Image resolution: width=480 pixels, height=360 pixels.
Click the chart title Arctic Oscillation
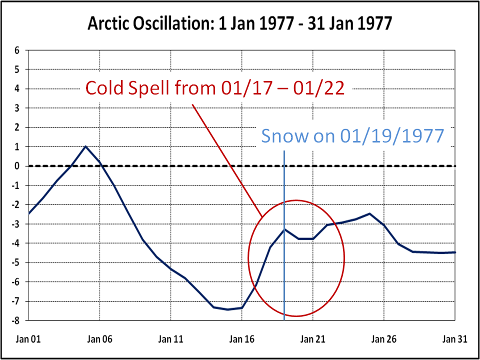pos(239,23)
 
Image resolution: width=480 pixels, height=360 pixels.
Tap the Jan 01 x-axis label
pos(28,339)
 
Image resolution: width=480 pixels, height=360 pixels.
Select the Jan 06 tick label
pos(100,339)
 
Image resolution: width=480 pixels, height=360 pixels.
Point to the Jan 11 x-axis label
pos(171,339)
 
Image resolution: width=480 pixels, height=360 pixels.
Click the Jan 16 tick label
pos(242,339)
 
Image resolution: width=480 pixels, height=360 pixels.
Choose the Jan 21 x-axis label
pos(313,339)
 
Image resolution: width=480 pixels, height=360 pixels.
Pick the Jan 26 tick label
pos(384,339)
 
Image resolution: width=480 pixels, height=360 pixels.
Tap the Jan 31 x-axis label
pos(455,339)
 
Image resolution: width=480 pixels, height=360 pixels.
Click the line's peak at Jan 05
pos(85,146)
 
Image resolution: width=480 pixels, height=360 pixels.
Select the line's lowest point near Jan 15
pos(227,309)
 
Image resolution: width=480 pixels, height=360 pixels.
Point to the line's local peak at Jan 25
pos(369,213)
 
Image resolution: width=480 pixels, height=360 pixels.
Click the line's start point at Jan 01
pos(29,213)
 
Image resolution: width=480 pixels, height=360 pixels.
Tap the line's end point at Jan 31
pos(454,252)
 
